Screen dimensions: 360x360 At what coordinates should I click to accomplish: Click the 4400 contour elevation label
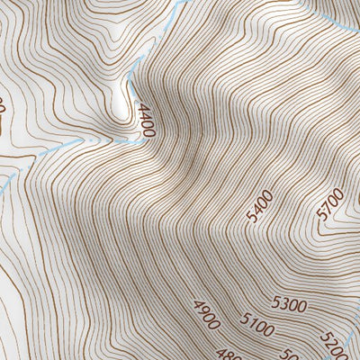click(x=147, y=120)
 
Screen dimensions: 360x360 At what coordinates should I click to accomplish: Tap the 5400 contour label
click(x=258, y=209)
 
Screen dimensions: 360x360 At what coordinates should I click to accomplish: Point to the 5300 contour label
click(x=288, y=306)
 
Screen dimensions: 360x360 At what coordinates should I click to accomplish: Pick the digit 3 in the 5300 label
click(x=283, y=306)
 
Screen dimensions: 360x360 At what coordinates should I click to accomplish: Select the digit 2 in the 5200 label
click(x=331, y=342)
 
